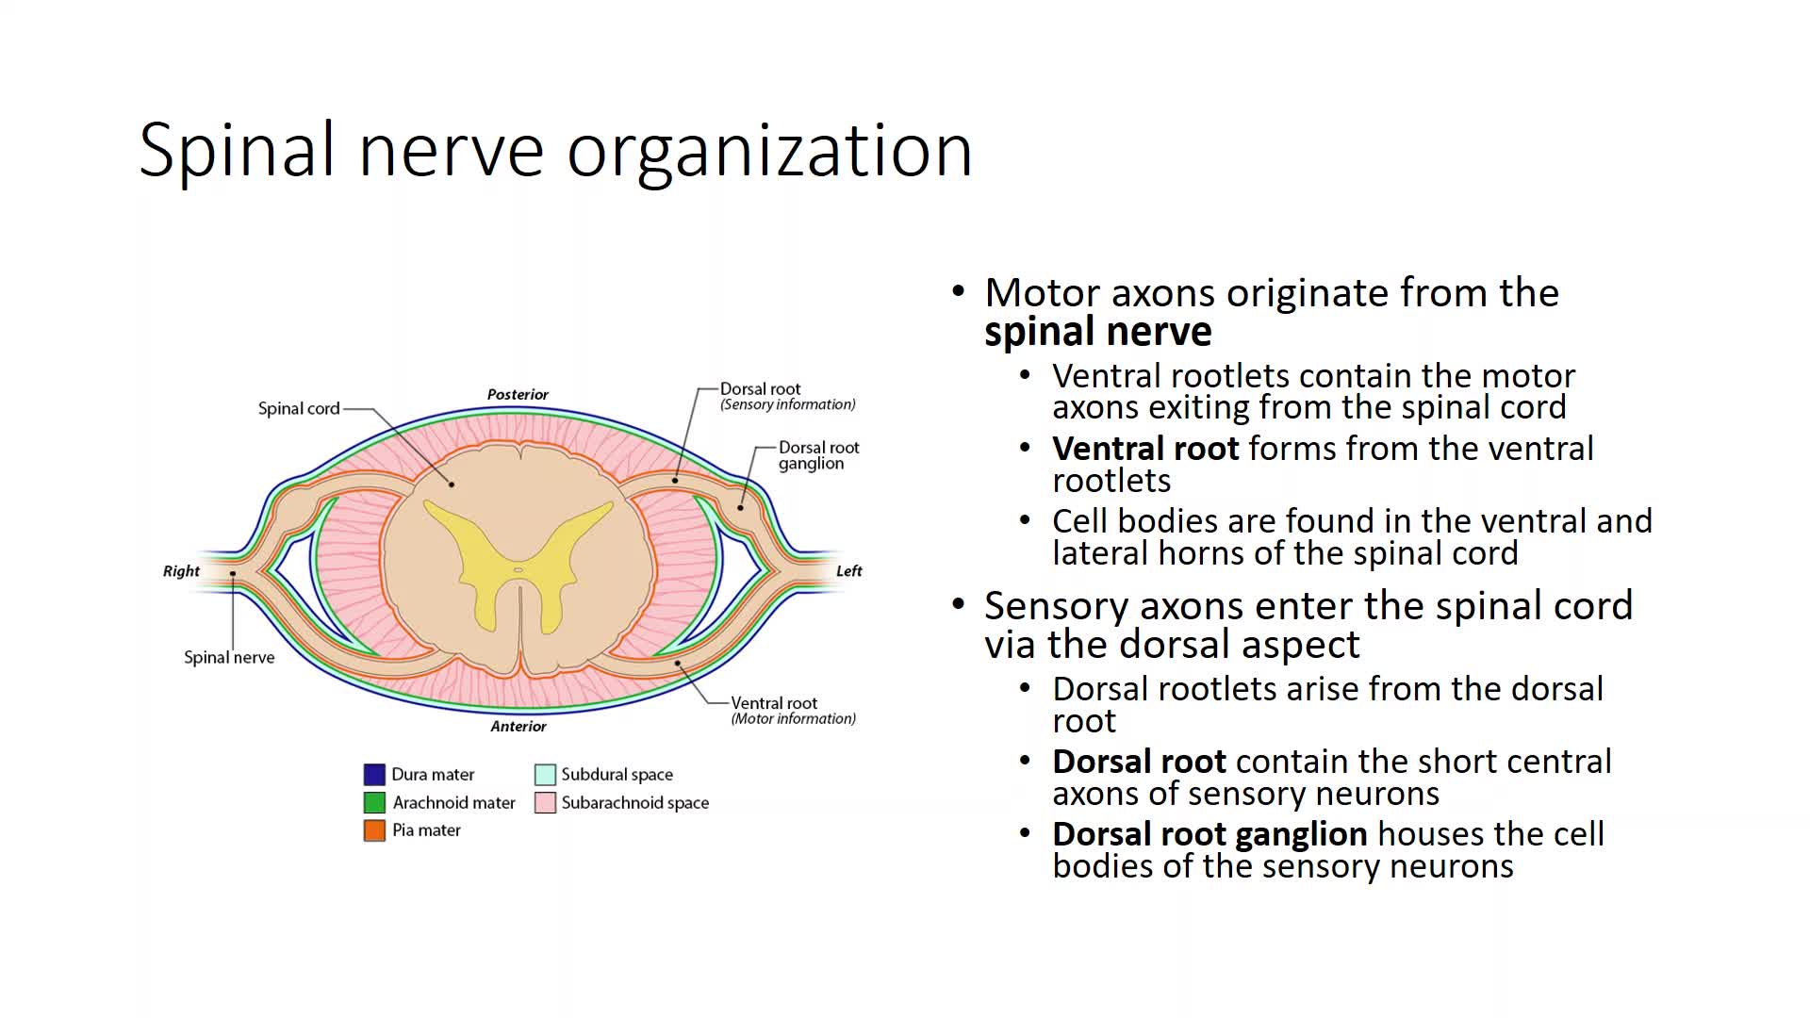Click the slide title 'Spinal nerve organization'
click(x=555, y=150)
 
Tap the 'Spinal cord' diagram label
click(x=298, y=408)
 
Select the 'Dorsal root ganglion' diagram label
click(x=818, y=455)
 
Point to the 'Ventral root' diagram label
click(x=774, y=702)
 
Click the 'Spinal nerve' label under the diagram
click(x=229, y=657)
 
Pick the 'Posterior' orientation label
click(x=518, y=394)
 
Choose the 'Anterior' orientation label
click(x=518, y=726)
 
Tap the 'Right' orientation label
click(x=181, y=570)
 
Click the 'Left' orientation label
click(x=848, y=570)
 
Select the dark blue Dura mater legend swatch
click(x=374, y=775)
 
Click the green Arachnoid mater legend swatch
click(x=374, y=802)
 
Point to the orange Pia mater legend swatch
click(x=374, y=830)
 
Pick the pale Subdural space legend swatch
click(x=545, y=775)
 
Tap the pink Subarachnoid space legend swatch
click(x=545, y=802)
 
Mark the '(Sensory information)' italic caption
click(x=788, y=404)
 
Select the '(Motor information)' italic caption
click(x=794, y=718)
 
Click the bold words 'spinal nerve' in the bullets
click(x=1097, y=332)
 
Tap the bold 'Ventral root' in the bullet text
click(x=1145, y=449)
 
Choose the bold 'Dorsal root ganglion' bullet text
click(x=1209, y=834)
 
